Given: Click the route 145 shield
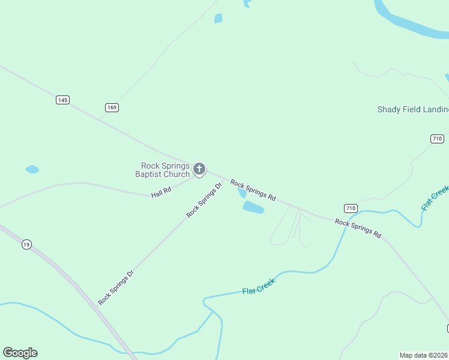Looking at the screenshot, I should coord(63,100).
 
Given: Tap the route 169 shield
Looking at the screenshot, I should coord(112,107).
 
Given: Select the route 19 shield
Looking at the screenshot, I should coord(26,244).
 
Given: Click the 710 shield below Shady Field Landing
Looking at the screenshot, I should coord(437,139).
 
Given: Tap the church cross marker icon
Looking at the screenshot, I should coord(199,170).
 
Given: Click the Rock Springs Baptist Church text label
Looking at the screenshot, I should coord(164,170).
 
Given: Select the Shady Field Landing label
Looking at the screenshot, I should coord(412,109).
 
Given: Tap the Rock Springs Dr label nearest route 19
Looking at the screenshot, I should coord(116,287).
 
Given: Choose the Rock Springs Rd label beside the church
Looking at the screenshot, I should coord(253,190).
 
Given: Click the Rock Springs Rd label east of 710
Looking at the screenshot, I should coord(358,229).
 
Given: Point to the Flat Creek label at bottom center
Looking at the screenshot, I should coord(259,287).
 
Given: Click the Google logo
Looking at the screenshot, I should coord(20,353).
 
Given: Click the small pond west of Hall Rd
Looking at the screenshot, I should coord(32,169).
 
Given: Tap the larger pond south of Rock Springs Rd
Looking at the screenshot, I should coord(253,208).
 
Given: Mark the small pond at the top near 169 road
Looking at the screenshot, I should coord(218,19).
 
